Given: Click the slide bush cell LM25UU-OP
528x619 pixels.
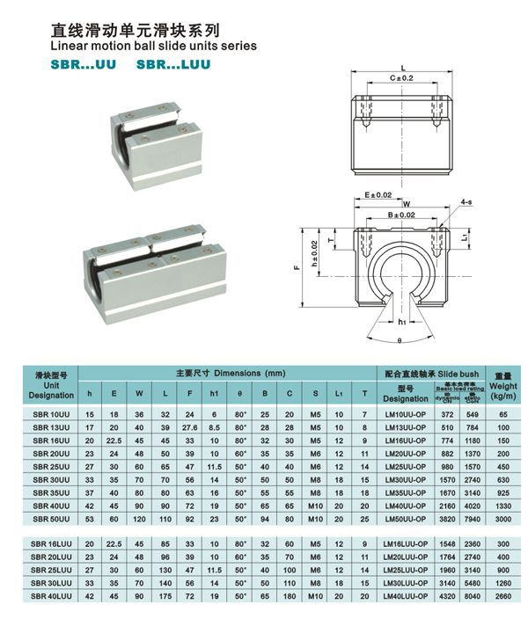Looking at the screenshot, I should click(406, 466).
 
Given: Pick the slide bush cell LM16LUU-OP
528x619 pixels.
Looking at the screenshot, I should click(406, 544).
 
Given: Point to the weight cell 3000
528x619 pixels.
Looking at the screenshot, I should click(502, 520).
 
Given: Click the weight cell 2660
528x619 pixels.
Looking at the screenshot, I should click(502, 596).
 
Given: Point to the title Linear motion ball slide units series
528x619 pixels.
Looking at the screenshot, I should click(155, 46).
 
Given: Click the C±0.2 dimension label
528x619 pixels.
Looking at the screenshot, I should click(402, 78).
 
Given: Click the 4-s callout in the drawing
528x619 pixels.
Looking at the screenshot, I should click(466, 201).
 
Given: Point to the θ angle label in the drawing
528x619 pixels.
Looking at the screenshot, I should click(399, 339).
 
